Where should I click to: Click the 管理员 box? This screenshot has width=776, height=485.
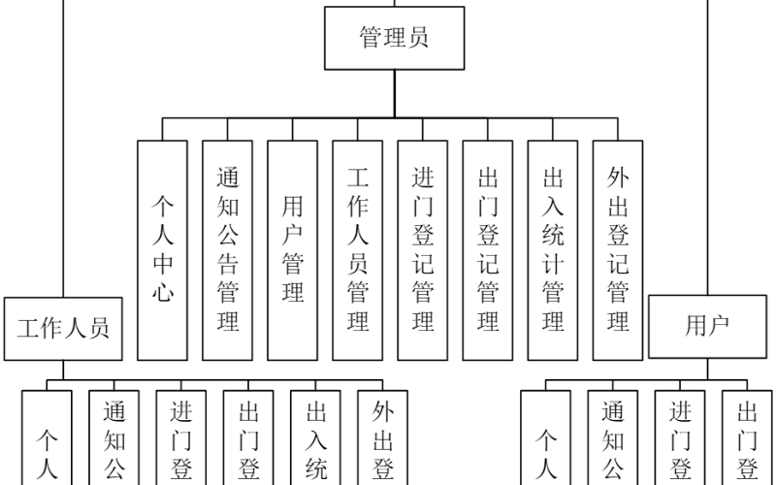click(394, 40)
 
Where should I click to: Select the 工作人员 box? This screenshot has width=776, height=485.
click(63, 328)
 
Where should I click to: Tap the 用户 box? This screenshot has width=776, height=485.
click(707, 328)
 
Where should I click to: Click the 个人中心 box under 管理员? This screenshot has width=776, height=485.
click(162, 250)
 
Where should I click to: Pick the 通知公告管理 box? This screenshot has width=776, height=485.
click(228, 250)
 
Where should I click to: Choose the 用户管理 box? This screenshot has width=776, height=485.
click(293, 250)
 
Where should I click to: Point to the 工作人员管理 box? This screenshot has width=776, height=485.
click(358, 250)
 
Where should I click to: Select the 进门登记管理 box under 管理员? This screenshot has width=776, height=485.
click(423, 250)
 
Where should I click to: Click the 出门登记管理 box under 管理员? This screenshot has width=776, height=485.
click(488, 250)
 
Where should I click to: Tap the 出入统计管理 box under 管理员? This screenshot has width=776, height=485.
click(553, 250)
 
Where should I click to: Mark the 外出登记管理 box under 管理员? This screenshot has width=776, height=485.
click(618, 250)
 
